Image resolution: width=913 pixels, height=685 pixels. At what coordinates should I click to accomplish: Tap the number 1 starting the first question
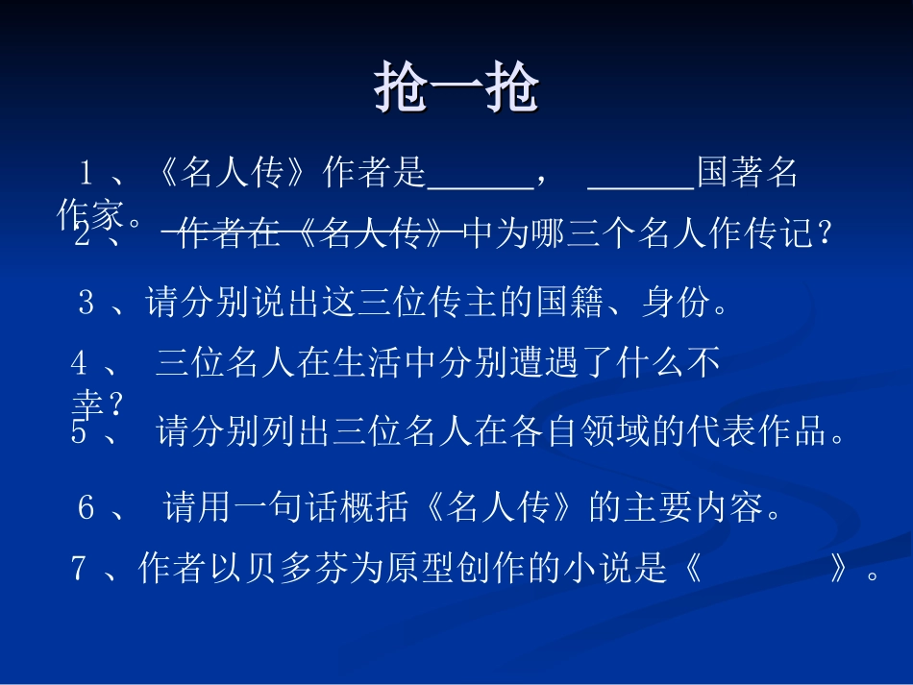pos(86,174)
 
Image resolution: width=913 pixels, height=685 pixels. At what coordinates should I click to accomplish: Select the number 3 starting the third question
pos(86,305)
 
